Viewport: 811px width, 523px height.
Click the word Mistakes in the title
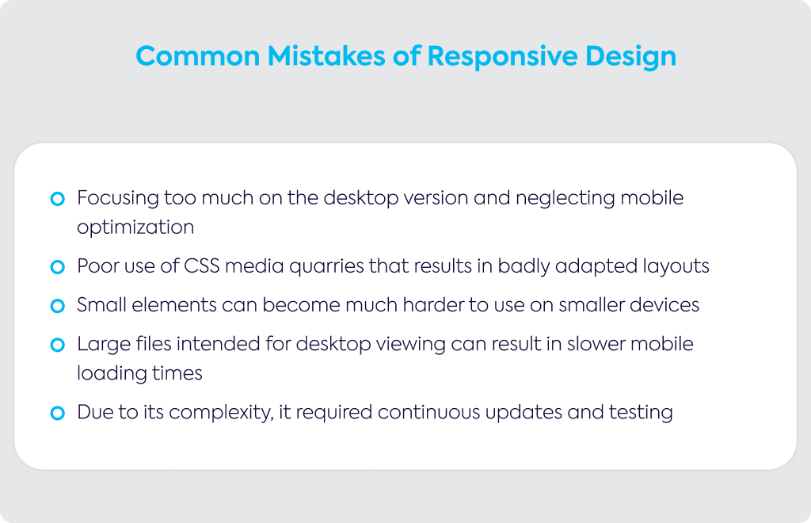pyautogui.click(x=326, y=56)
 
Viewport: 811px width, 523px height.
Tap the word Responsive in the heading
pyautogui.click(x=502, y=56)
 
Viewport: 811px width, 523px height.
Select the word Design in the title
pyautogui.click(x=631, y=57)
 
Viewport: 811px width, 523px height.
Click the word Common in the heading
pyautogui.click(x=198, y=56)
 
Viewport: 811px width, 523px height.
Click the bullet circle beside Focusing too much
pyautogui.click(x=57, y=199)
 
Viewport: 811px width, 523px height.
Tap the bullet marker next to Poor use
pyautogui.click(x=57, y=267)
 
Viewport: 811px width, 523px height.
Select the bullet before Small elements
pyautogui.click(x=57, y=306)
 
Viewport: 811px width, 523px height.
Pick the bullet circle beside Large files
pyautogui.click(x=57, y=345)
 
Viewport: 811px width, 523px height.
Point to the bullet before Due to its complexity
pyautogui.click(x=57, y=413)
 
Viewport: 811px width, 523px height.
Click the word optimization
pyautogui.click(x=135, y=228)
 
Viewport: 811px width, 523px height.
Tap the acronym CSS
pyautogui.click(x=202, y=266)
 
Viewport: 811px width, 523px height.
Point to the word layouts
pyautogui.click(x=676, y=267)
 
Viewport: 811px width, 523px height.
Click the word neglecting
pyautogui.click(x=565, y=199)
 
